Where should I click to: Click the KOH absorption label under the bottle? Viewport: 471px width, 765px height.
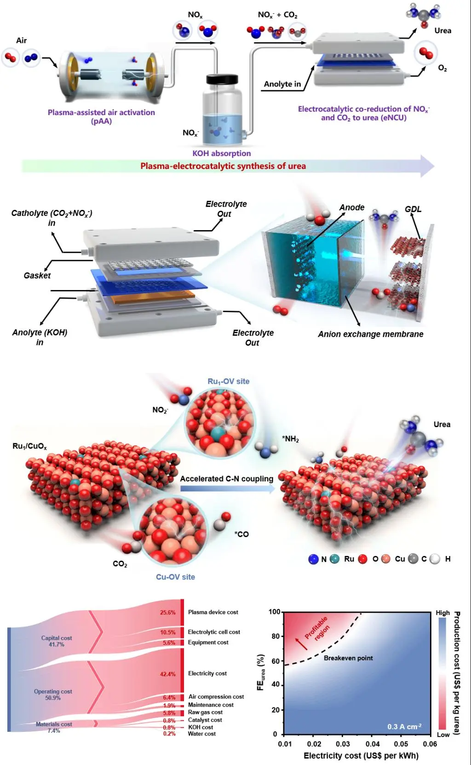click(x=221, y=153)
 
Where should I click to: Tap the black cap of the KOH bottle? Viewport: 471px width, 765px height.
click(x=222, y=79)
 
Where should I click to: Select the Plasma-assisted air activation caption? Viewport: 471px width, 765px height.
click(x=101, y=116)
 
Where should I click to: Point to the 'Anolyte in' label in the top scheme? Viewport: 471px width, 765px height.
click(x=282, y=84)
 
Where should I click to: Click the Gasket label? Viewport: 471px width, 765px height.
click(x=37, y=275)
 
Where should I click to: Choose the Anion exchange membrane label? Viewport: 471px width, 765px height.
click(x=370, y=334)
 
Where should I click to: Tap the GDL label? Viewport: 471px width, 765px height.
click(x=413, y=209)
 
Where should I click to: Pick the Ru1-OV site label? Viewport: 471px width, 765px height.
click(x=228, y=381)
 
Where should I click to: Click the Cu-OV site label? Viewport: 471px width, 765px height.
click(x=175, y=577)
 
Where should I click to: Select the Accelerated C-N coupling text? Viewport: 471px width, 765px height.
click(x=226, y=479)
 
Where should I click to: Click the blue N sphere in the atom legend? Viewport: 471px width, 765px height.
click(x=314, y=559)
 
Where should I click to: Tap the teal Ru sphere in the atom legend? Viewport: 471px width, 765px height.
click(x=335, y=559)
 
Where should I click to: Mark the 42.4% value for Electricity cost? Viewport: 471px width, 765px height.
click(x=167, y=674)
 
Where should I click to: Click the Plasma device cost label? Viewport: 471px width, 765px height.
click(x=213, y=612)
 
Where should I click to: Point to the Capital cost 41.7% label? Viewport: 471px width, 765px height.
click(x=57, y=641)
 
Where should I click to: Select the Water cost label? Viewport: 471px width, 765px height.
click(x=201, y=734)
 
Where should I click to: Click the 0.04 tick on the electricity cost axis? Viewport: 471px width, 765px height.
click(x=373, y=744)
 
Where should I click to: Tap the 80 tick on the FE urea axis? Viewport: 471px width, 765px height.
click(x=276, y=636)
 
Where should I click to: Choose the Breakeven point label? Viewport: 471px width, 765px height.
click(x=348, y=658)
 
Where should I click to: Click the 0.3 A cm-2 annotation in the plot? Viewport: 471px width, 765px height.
click(x=404, y=726)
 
